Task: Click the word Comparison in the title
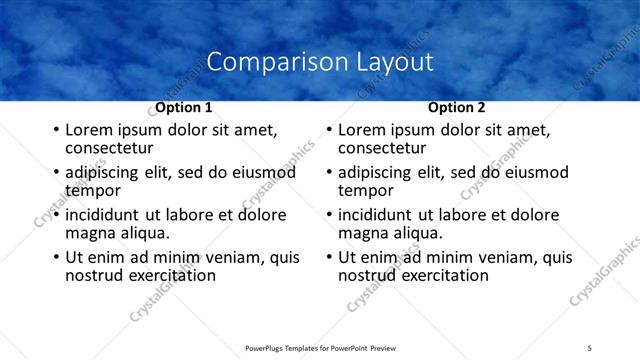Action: coord(266,62)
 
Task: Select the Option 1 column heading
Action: coord(184,107)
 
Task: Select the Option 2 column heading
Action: coord(457,107)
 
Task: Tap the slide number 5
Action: coord(590,347)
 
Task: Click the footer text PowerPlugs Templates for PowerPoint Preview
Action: coord(320,347)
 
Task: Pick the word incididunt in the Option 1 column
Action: coord(104,215)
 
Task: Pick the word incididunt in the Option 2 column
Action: coord(377,215)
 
